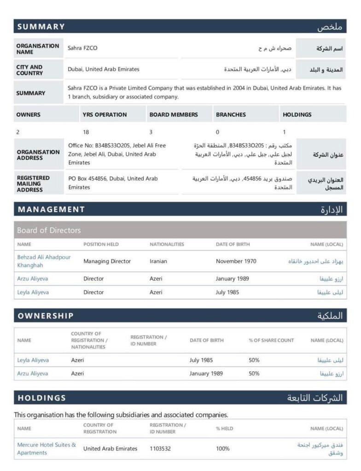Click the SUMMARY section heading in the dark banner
click(x=41, y=27)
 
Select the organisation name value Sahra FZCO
click(x=82, y=48)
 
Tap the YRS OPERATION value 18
click(x=86, y=132)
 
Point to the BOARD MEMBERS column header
click(x=173, y=115)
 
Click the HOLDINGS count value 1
click(x=284, y=132)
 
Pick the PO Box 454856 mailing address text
click(x=113, y=183)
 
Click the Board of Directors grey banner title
click(x=49, y=230)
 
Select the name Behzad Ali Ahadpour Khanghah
click(x=44, y=261)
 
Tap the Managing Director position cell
click(x=107, y=261)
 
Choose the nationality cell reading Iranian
click(x=158, y=261)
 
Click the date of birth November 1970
click(x=236, y=261)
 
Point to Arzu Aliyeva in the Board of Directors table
click(x=32, y=279)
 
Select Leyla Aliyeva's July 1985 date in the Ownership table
click(x=201, y=360)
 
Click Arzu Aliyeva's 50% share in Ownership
click(x=254, y=373)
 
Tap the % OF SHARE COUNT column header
click(x=271, y=340)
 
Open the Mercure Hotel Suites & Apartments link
click(x=46, y=448)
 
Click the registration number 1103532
click(x=160, y=448)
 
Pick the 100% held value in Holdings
click(x=223, y=448)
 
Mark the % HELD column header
click(x=224, y=429)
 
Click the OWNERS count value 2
click(x=17, y=132)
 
